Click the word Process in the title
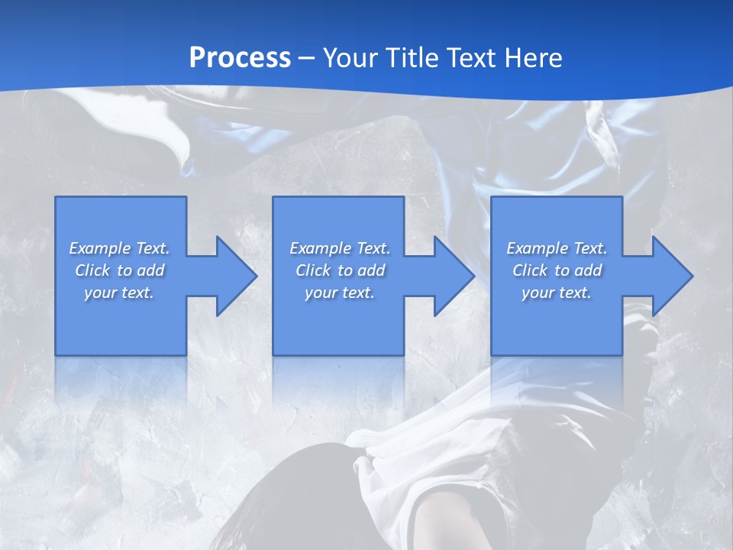tap(240, 57)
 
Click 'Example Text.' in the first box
tap(119, 248)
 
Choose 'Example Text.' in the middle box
tap(340, 248)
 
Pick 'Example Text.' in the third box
tap(557, 248)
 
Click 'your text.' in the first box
tap(119, 293)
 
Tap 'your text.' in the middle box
tap(340, 293)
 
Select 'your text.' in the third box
tap(557, 293)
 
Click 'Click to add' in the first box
tap(119, 270)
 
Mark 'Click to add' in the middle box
tap(340, 270)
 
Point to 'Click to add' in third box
tap(557, 270)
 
